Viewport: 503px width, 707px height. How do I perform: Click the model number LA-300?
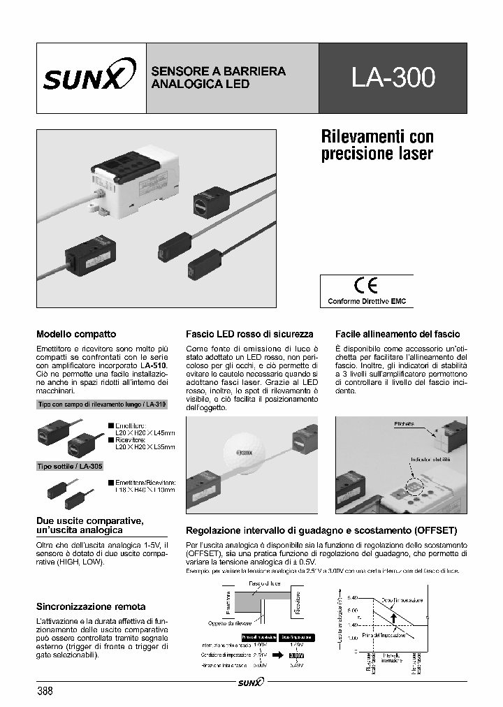click(393, 78)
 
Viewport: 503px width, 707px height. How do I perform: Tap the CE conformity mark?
click(366, 286)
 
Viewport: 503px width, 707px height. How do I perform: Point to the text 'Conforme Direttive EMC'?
click(366, 302)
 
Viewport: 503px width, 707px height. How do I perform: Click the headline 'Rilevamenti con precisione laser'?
click(377, 144)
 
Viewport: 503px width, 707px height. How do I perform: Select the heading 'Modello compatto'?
click(76, 335)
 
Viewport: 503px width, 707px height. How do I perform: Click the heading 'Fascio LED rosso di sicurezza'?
click(249, 335)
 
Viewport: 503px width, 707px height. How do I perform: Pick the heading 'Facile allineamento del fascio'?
click(397, 335)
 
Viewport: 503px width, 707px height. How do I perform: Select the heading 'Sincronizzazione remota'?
click(91, 606)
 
